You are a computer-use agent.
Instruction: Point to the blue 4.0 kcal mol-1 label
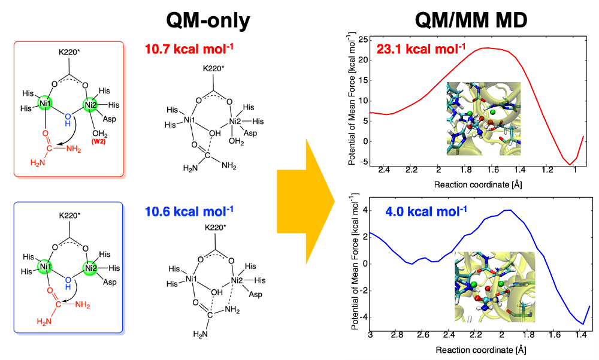coord(421,211)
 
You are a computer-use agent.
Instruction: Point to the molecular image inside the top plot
coord(483,118)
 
